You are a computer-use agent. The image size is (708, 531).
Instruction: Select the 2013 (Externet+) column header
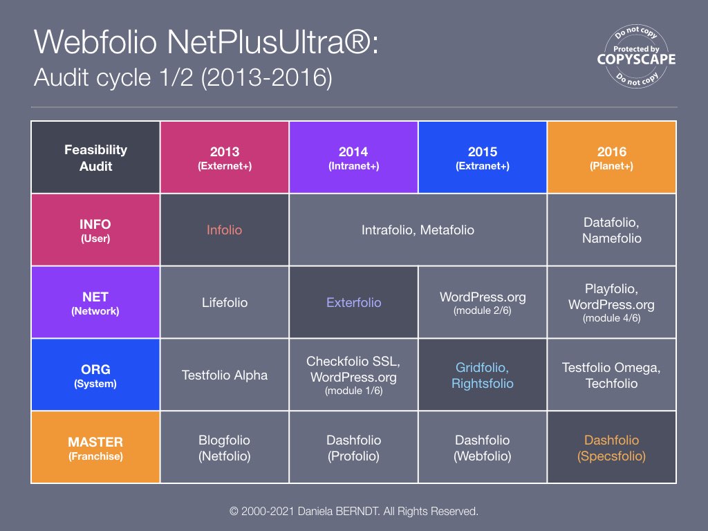225,158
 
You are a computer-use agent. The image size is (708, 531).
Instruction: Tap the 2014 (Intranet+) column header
353,158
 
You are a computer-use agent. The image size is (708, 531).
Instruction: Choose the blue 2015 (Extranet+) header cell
482,158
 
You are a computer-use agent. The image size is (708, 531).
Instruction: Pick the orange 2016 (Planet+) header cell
611,158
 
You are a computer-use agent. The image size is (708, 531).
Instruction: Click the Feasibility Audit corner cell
96,158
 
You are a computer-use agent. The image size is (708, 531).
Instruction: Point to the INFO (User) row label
96,230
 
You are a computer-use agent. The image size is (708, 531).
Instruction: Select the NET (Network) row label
96,302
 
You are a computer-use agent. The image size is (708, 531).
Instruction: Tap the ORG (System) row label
96,375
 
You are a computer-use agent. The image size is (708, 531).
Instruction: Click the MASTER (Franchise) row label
96,447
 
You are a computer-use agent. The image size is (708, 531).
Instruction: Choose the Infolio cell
225,230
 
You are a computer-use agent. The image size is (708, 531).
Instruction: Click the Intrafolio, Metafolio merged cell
418,230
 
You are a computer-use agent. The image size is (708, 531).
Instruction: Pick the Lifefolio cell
225,302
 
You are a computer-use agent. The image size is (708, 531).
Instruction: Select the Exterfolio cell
353,302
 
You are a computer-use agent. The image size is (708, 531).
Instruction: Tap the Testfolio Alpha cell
225,375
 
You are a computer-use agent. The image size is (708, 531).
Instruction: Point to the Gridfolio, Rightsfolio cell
482,375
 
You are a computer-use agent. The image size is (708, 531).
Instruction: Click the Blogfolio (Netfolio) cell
225,447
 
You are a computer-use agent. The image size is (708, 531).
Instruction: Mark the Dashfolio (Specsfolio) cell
611,447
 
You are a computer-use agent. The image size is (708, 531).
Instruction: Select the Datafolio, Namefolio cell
611,230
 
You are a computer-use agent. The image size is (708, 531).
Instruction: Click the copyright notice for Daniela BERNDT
354,512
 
